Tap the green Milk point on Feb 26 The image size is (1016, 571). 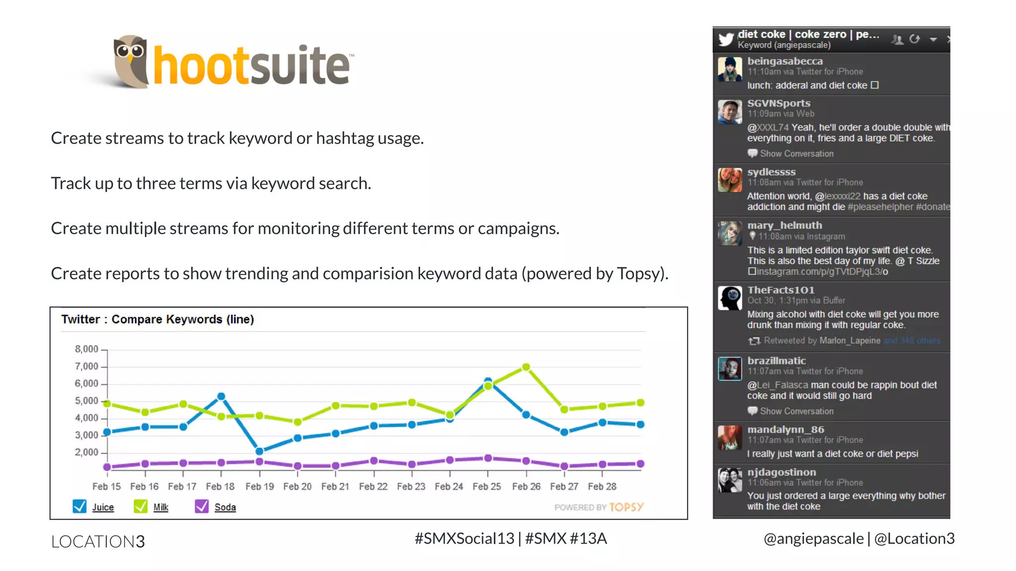point(526,367)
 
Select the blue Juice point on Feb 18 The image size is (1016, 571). point(221,397)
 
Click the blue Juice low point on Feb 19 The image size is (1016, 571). point(259,451)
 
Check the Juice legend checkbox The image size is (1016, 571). point(79,506)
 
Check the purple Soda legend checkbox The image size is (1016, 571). point(201,506)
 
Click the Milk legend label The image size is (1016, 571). point(161,507)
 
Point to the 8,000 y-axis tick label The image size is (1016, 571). point(86,349)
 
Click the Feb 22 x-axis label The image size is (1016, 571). point(373,486)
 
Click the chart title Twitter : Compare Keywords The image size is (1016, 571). point(157,319)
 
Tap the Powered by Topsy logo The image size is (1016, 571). point(599,507)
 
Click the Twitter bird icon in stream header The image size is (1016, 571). point(726,39)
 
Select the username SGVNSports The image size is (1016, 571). point(778,103)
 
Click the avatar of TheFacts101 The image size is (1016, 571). point(730,298)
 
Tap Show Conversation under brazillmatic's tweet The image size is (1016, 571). point(796,411)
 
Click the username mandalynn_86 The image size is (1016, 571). point(785,429)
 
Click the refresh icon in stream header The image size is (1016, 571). point(915,39)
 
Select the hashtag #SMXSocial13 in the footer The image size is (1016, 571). point(464,538)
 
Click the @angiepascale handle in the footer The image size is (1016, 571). point(813,538)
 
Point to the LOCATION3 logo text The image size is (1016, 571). point(98,541)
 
